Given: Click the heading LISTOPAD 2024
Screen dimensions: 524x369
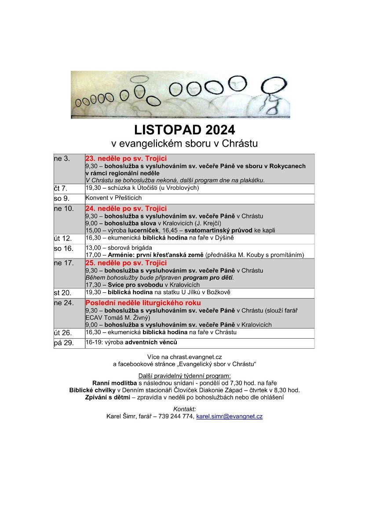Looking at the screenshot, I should (x=184, y=130).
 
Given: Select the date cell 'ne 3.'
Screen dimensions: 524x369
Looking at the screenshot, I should (x=62, y=159).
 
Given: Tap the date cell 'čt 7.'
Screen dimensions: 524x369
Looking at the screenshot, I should (x=61, y=188).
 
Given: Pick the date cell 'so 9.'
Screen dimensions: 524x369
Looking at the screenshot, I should (x=61, y=198).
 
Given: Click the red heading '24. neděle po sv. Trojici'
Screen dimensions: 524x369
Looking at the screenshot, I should (x=126, y=208).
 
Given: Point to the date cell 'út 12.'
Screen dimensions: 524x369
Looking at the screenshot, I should (x=62, y=238).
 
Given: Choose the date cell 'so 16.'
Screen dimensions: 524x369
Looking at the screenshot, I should (x=62, y=248).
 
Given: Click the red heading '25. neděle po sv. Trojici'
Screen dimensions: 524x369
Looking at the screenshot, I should (x=126, y=263).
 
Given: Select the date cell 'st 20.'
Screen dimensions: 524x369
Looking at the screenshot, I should (x=62, y=293).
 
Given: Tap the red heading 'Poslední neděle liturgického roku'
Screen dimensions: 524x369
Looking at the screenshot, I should (x=143, y=303).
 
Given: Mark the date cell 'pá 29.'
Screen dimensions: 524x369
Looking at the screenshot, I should (x=62, y=343).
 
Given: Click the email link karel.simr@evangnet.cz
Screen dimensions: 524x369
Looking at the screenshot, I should (x=229, y=416).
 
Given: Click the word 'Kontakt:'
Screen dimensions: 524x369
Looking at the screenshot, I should (x=184, y=409).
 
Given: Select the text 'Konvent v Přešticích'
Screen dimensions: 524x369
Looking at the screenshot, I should (x=113, y=198).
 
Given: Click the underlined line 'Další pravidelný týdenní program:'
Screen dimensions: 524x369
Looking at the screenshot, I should (x=184, y=376).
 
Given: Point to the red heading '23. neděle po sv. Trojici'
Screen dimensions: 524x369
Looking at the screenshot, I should (x=126, y=159).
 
